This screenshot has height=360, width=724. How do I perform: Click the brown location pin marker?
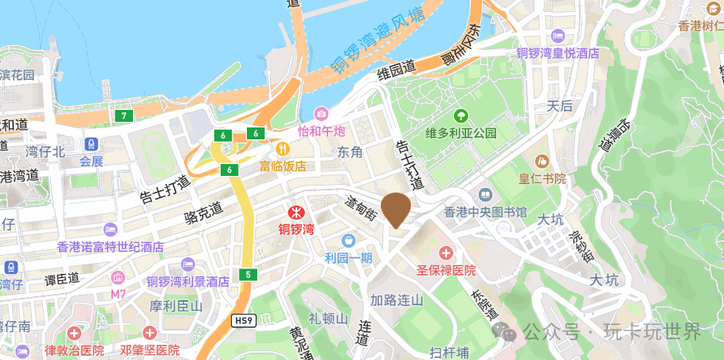(x=396, y=209)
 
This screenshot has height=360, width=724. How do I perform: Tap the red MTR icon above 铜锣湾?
(x=296, y=213)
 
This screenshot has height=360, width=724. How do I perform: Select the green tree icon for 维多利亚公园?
(x=461, y=116)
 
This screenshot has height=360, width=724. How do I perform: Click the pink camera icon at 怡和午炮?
(x=321, y=114)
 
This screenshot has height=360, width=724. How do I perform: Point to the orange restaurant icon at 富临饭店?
(x=282, y=148)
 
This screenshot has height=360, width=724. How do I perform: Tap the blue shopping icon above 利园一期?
(x=347, y=240)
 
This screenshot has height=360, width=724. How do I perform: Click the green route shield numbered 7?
(x=123, y=116)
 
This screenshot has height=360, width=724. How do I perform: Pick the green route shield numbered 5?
(x=249, y=275)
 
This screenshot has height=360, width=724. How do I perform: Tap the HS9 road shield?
(x=244, y=320)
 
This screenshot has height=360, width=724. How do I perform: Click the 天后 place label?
(x=559, y=105)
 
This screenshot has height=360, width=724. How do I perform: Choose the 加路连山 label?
(x=397, y=300)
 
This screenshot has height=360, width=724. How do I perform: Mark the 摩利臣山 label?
(x=176, y=306)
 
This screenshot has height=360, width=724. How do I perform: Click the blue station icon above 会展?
(x=92, y=145)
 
